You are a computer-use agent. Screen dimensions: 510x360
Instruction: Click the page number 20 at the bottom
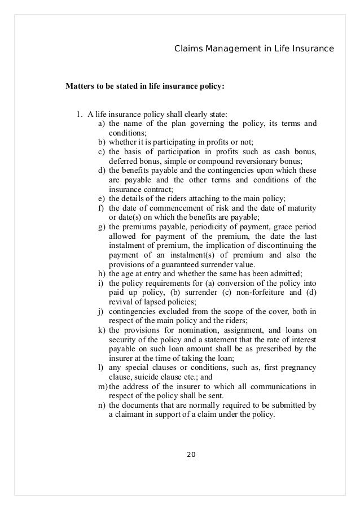(189, 454)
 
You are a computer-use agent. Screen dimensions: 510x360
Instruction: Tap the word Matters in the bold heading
(81, 87)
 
